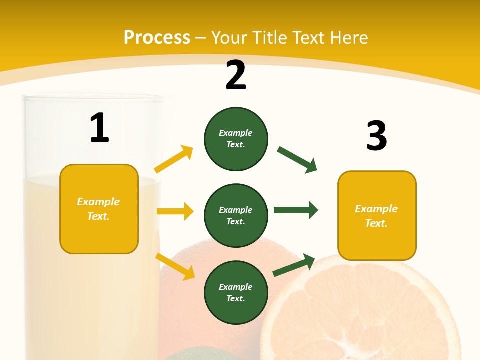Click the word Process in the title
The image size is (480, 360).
pos(157,37)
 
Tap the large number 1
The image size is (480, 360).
pos(99,128)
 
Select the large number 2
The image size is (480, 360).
pos(236,75)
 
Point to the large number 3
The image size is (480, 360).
pos(376,136)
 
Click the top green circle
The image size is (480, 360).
pos(236,139)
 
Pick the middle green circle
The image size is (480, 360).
pos(236,216)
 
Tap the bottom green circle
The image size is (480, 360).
pos(236,293)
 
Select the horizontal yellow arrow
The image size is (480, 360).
pos(175,211)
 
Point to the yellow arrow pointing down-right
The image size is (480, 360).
pos(175,266)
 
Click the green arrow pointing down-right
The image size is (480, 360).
pos(297,159)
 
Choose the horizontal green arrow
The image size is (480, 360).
pos(295,210)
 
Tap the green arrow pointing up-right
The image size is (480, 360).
pos(294,265)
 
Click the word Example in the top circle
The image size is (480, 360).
pos(235,133)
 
